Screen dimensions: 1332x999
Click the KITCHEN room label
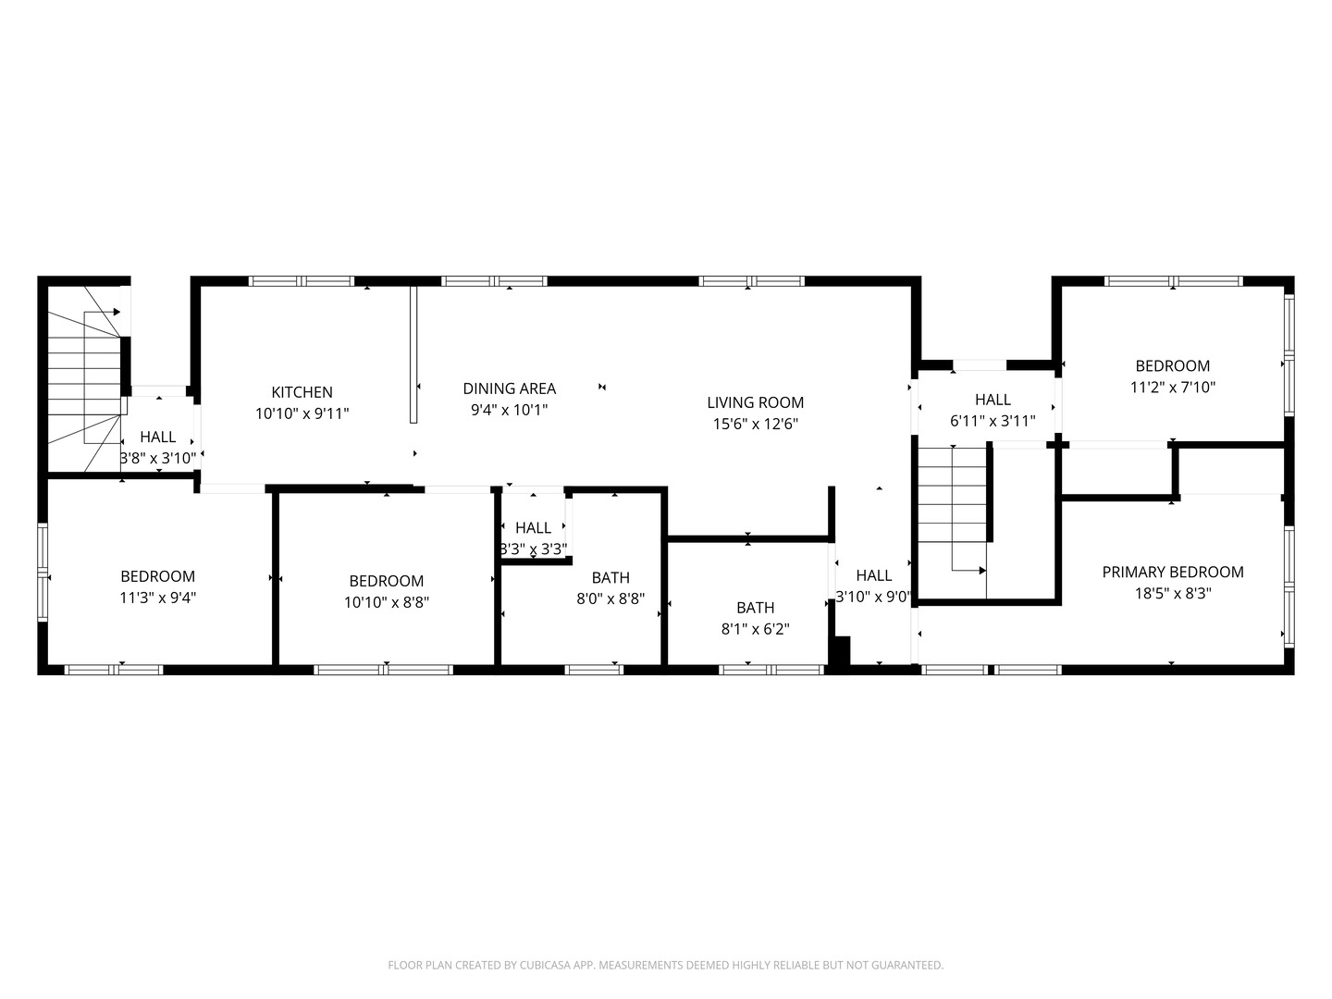(302, 392)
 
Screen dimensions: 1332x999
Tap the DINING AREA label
(509, 388)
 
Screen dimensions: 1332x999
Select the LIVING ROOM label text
(755, 402)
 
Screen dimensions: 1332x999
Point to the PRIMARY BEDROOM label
(1172, 572)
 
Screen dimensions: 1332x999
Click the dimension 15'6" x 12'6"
(755, 424)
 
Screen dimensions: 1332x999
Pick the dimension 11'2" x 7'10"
(1172, 387)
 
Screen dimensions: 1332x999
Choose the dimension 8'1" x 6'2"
(755, 629)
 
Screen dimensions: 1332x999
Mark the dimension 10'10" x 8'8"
(387, 602)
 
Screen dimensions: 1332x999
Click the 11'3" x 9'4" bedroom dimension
(158, 598)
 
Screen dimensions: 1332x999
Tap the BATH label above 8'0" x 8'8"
(610, 577)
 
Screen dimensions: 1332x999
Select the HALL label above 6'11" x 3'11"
(993, 400)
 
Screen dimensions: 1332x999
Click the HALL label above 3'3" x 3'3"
(534, 527)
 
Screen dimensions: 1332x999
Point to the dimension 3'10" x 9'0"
(874, 597)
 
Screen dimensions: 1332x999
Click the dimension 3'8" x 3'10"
(158, 458)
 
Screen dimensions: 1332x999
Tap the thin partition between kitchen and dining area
(413, 354)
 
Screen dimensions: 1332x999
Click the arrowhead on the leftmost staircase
(117, 312)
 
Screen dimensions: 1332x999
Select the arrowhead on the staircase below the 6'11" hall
(982, 570)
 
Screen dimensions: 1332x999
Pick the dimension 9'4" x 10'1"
(509, 410)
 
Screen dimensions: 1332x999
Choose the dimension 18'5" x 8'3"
(1172, 593)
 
